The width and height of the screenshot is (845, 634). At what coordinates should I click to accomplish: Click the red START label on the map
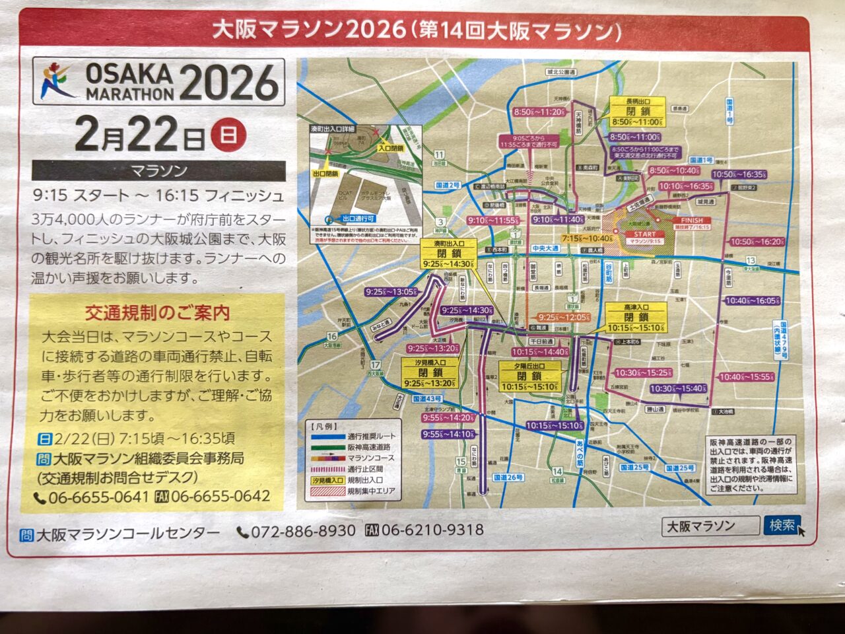click(645, 234)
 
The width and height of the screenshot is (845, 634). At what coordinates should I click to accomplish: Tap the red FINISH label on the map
click(691, 220)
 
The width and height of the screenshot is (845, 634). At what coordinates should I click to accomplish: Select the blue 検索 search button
click(782, 525)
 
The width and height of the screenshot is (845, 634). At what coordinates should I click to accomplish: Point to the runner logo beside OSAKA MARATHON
click(57, 81)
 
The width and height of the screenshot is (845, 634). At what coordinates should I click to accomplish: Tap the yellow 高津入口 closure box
click(636, 318)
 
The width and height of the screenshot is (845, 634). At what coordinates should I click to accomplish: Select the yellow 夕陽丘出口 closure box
click(529, 376)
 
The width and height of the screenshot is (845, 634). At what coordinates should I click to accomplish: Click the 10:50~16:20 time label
click(757, 242)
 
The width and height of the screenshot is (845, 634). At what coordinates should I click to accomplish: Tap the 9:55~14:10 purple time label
click(448, 434)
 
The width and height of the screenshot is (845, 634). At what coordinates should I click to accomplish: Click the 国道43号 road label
click(426, 399)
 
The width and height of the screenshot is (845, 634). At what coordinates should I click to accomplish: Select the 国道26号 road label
click(508, 477)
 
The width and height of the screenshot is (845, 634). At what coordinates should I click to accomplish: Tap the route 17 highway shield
click(374, 365)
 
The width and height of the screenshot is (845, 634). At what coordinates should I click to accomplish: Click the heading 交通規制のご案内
click(157, 312)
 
